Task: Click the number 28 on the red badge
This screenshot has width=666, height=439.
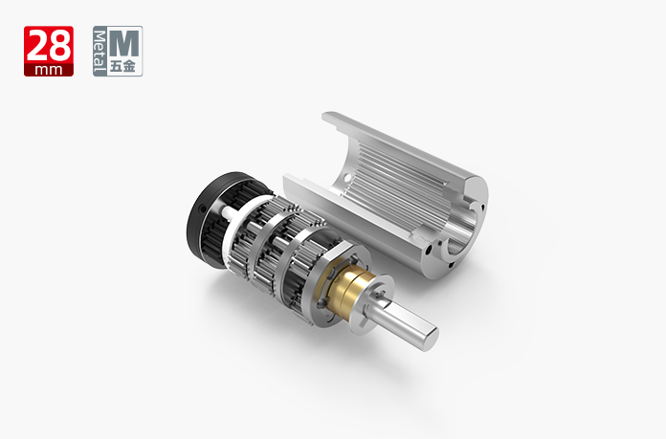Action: pyautogui.click(x=49, y=46)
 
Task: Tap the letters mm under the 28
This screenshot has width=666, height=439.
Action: pyautogui.click(x=49, y=70)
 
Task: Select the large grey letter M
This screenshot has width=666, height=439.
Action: pyautogui.click(x=124, y=43)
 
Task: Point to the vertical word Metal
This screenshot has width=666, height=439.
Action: pyautogui.click(x=100, y=51)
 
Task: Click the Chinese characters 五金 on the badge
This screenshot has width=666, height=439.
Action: pyautogui.click(x=122, y=67)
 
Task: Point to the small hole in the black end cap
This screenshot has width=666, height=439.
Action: pyautogui.click(x=203, y=209)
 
